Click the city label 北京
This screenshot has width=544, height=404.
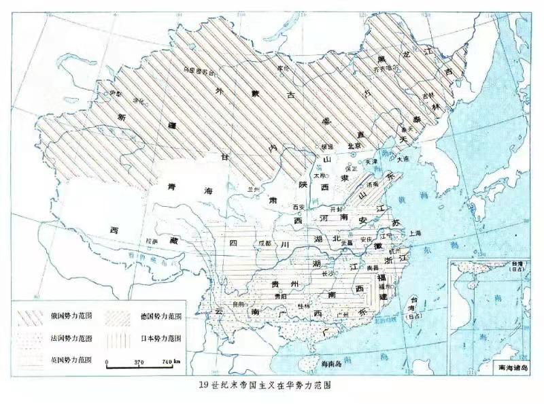352,145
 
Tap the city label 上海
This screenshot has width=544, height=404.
415,233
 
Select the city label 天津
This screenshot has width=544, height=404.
371,163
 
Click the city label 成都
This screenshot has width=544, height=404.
266,242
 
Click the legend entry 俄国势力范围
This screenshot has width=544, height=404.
71,316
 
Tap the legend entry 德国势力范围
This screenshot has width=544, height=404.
162,316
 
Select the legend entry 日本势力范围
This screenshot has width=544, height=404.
162,338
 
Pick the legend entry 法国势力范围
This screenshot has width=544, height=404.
71,338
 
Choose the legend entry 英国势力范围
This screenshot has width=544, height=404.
71,358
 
